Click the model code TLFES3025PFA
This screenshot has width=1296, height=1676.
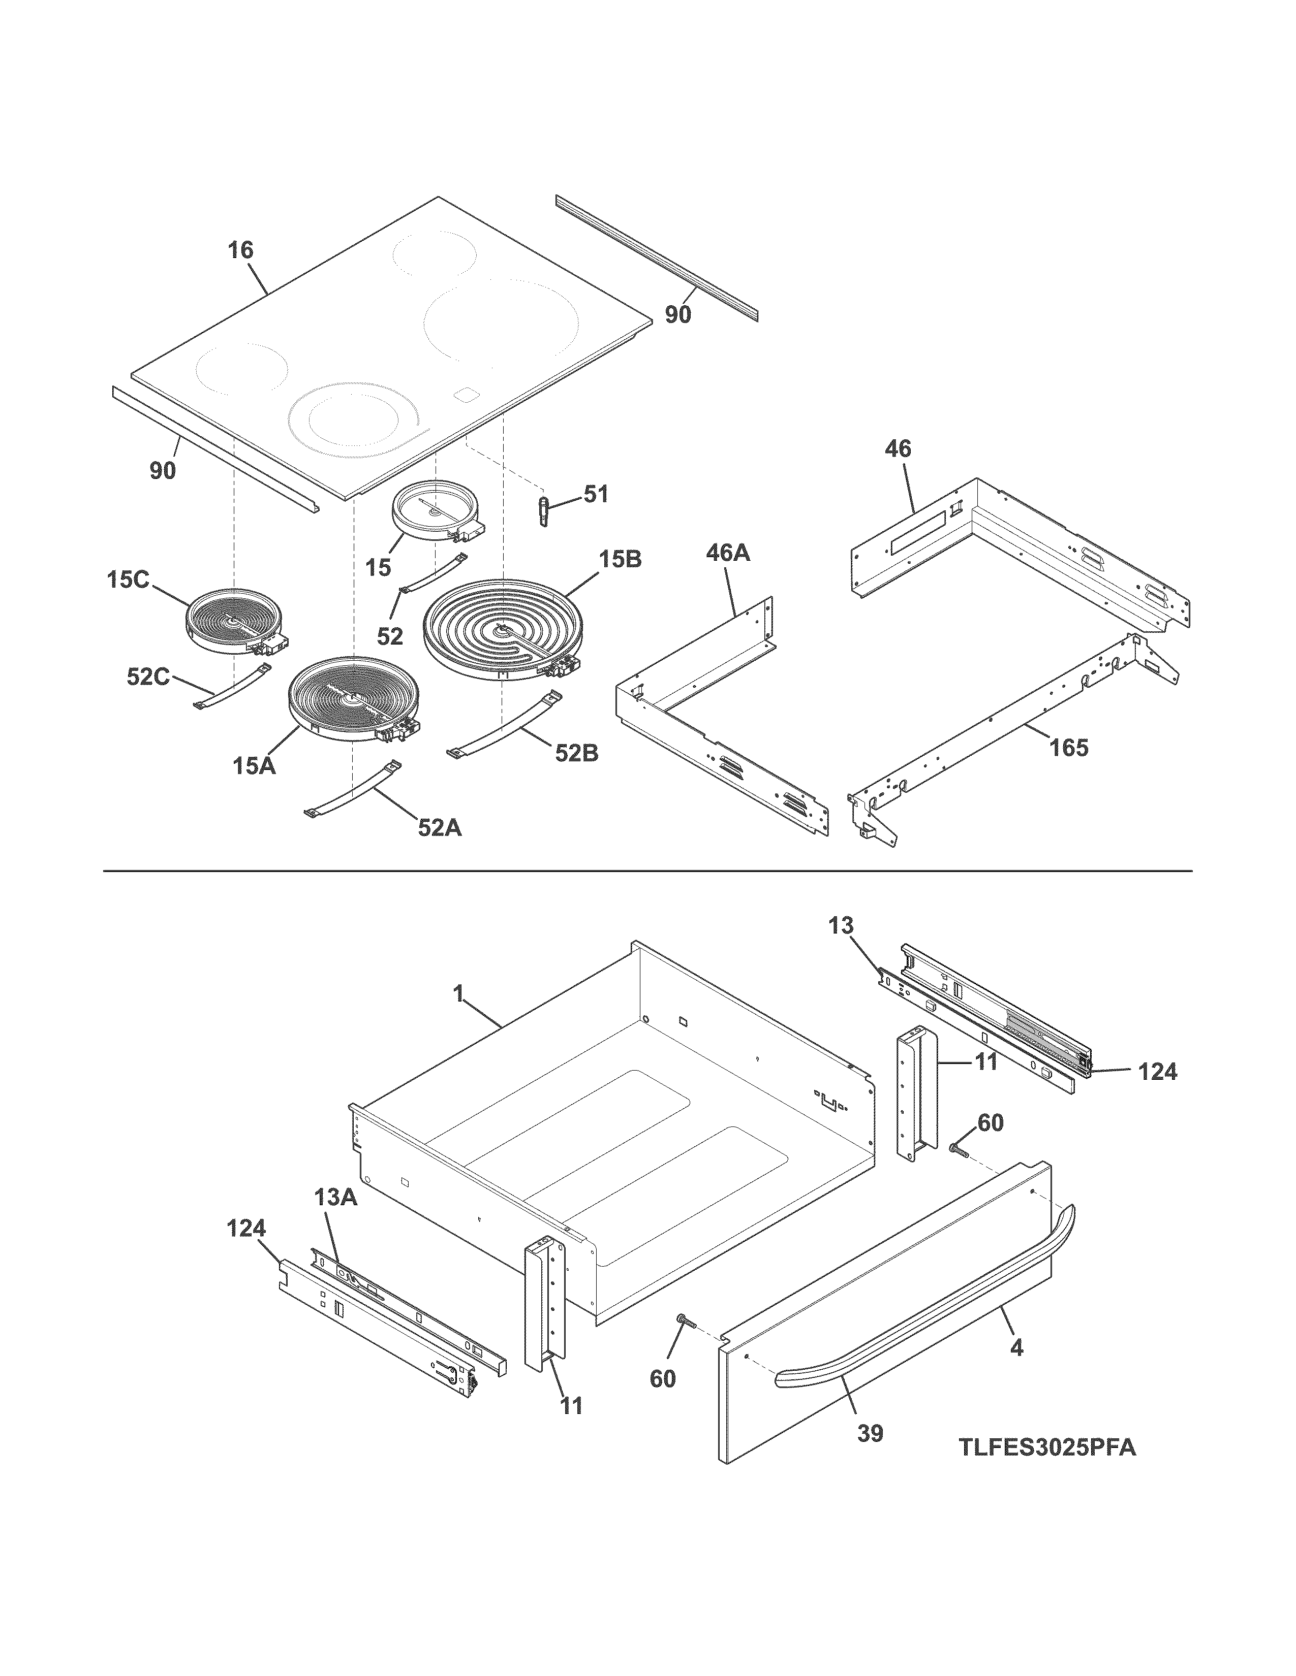[x=1046, y=1447]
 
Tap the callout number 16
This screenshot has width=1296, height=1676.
[x=240, y=250]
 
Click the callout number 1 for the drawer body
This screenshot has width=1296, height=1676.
[x=458, y=994]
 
